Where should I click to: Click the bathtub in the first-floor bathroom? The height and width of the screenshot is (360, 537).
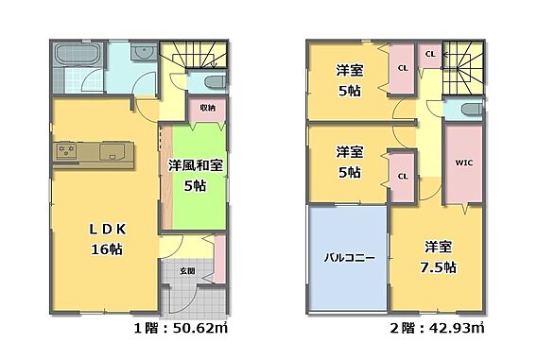pos(78,55)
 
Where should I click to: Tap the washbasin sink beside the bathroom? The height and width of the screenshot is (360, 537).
pos(144,52)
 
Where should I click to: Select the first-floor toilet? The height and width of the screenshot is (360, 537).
pos(215,82)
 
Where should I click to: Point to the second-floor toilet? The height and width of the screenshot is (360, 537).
pos(472,110)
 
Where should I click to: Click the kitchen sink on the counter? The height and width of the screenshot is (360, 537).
pos(112,151)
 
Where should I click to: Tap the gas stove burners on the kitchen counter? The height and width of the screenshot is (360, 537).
pos(66,151)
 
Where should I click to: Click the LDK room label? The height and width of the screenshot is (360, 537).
pos(108,230)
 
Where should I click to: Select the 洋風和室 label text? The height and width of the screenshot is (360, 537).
pos(195,165)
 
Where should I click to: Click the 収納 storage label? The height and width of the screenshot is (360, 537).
pos(208,108)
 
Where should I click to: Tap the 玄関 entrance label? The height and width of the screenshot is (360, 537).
pos(188,271)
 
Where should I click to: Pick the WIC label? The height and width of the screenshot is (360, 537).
pos(463,163)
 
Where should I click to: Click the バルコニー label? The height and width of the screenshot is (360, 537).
pos(349,257)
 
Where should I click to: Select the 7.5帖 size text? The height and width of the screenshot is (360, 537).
pos(438,267)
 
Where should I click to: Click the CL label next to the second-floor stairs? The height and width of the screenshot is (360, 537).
pos(430,54)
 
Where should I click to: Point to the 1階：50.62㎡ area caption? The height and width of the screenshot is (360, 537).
pos(181,329)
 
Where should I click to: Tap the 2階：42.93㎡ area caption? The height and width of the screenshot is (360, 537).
pos(438,329)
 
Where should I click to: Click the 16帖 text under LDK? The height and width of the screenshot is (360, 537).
pos(107,249)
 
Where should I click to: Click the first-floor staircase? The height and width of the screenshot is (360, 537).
pos(194,55)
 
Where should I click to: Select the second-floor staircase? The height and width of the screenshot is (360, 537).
pos(462,68)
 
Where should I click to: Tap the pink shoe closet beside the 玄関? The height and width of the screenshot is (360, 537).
pos(220,258)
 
